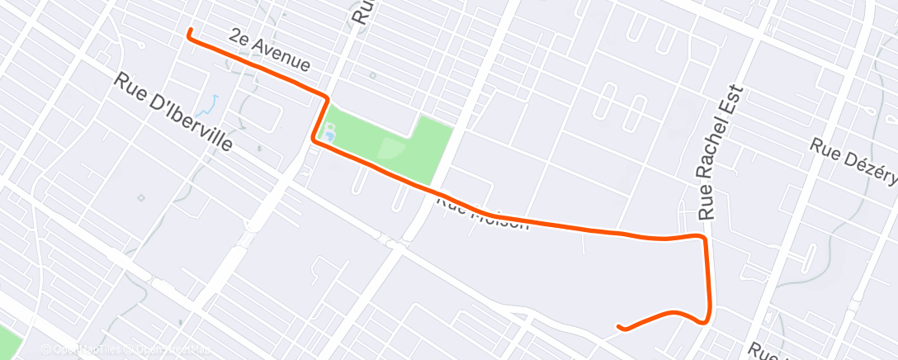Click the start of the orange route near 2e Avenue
[x=190, y=31]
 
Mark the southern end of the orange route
[x=621, y=328]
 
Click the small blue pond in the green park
[x=330, y=131]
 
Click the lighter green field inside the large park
[x=391, y=149]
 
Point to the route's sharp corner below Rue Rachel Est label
[x=703, y=238]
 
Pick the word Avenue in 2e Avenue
[x=282, y=56]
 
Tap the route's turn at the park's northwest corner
[x=328, y=98]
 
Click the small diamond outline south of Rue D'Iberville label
[x=141, y=197]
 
